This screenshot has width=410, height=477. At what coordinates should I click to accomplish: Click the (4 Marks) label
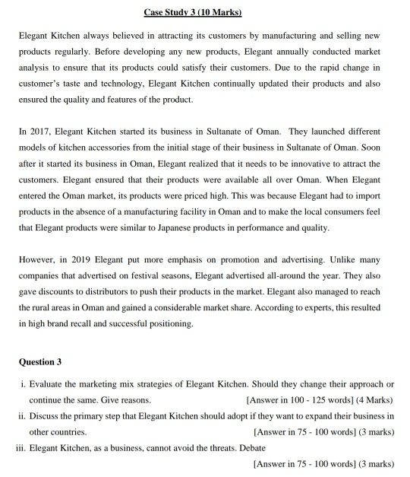coord(374,399)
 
